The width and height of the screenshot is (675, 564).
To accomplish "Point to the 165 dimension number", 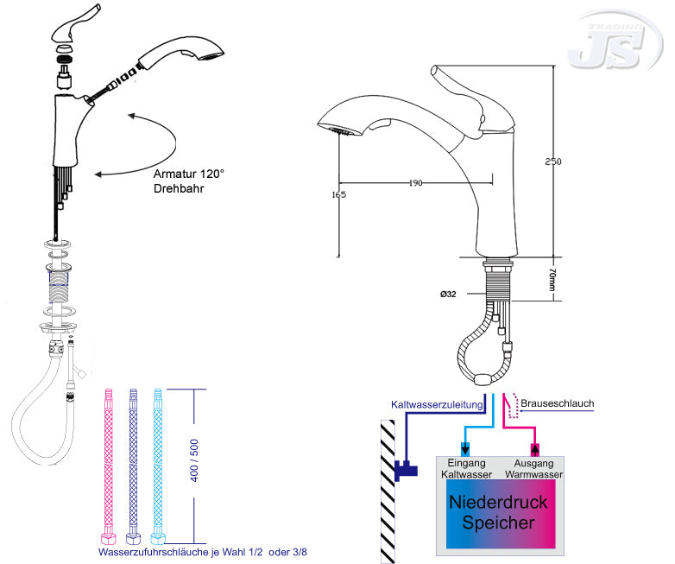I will point(338,194).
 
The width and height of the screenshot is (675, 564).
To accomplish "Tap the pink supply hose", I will point(110,461).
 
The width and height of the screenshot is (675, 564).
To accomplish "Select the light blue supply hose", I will point(156,461).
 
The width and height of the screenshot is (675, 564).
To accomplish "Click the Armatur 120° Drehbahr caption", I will point(188,181).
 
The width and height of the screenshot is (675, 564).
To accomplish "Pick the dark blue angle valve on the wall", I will point(403,470).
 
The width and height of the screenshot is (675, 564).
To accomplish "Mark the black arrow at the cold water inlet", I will point(466,448).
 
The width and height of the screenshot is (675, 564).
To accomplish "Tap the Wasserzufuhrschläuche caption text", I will point(197,550).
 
